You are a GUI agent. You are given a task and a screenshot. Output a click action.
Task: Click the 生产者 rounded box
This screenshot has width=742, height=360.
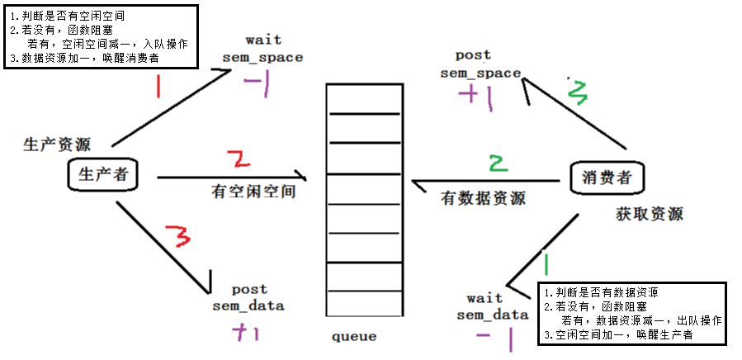point(102,174)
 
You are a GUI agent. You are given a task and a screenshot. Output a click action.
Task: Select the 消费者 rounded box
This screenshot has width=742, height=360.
point(607,178)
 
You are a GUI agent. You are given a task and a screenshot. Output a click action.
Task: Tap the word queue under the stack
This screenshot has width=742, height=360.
point(354,337)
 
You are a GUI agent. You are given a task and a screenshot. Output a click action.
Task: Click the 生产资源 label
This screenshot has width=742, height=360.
point(57,144)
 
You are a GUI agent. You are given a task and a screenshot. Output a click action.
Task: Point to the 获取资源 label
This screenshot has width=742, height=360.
point(650,214)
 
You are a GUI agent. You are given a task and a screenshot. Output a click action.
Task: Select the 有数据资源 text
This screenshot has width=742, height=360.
point(483,198)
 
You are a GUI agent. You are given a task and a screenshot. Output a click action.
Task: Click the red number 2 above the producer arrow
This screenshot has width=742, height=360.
point(236,159)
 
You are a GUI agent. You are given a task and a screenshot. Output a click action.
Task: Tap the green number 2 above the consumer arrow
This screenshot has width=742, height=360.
point(495,162)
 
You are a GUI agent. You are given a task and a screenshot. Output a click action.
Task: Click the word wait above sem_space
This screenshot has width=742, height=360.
point(264,40)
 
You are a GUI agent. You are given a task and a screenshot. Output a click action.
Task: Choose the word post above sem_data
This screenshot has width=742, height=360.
point(248,290)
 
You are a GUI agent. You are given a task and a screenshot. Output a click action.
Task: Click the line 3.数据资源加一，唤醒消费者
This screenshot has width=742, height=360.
point(84,59)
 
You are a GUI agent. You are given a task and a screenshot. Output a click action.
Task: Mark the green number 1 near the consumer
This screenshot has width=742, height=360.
point(546,263)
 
